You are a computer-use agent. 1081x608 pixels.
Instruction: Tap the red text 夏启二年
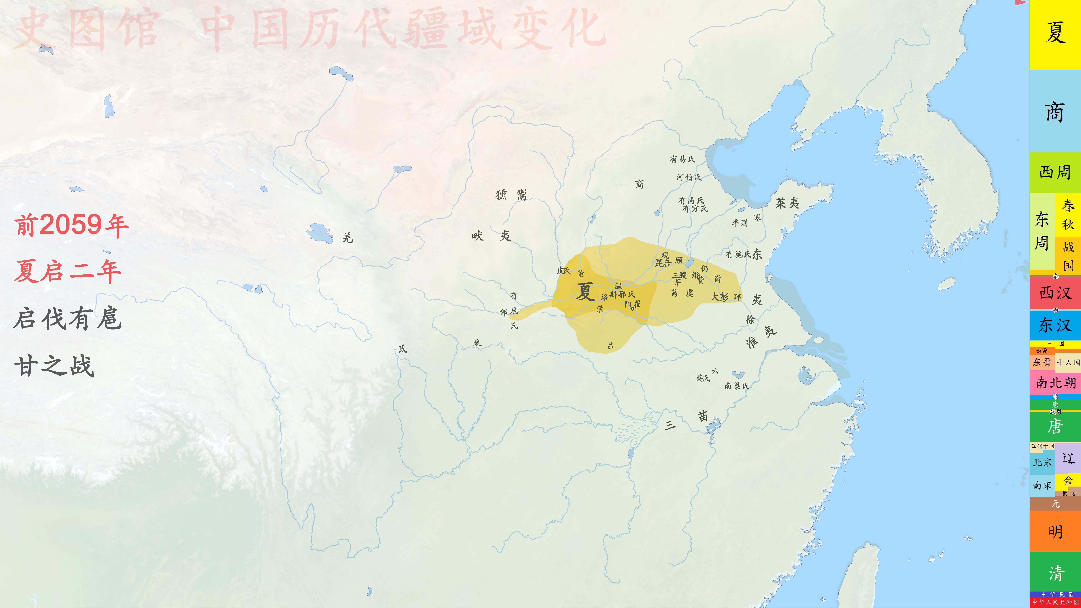[67, 271]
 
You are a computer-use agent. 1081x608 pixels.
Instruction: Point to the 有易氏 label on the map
[682, 159]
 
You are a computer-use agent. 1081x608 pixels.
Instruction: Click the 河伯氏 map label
[689, 177]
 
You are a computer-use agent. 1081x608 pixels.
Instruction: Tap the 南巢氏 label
[736, 386]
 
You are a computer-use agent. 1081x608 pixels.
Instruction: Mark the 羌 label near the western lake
[347, 238]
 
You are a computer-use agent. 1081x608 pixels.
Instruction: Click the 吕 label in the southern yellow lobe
[611, 345]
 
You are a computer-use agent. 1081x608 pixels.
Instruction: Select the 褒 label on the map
[477, 343]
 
